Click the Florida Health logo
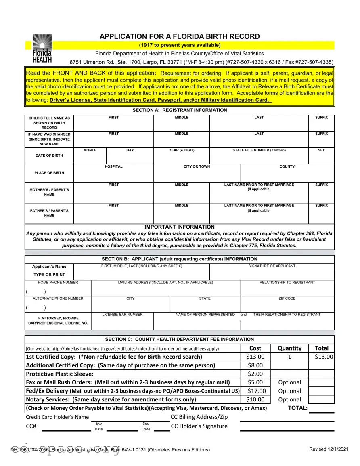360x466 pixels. click(x=42, y=48)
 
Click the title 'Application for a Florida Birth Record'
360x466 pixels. click(x=180, y=36)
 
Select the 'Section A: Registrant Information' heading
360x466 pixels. click(x=180, y=110)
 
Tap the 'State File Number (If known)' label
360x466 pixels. click(x=259, y=150)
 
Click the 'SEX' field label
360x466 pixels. click(x=321, y=150)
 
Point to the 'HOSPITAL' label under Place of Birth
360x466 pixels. click(x=113, y=166)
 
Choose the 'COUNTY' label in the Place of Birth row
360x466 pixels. click(x=287, y=166)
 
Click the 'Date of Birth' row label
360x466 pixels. click(x=49, y=155)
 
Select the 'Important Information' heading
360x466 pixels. click(x=180, y=227)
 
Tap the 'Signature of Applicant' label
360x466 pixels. click(x=272, y=266)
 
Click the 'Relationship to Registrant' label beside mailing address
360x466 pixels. click(x=287, y=282)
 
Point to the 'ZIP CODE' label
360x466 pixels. click(x=287, y=298)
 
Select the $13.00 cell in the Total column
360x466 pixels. click(x=324, y=357)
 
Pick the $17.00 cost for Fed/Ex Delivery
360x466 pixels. click(x=256, y=391)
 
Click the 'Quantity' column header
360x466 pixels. click(x=289, y=348)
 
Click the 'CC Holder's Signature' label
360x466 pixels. click(x=199, y=426)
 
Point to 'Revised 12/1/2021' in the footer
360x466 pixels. click(x=328, y=449)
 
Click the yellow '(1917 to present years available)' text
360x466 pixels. click(x=180, y=45)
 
